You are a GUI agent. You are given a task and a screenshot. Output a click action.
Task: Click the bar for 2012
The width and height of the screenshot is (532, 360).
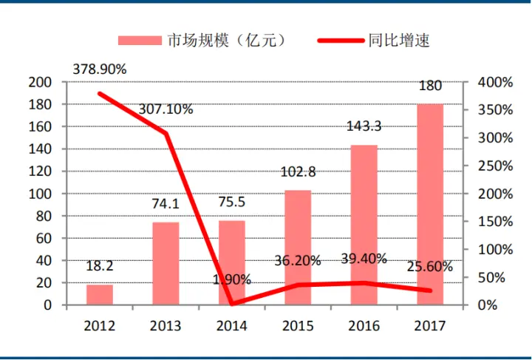tap(100, 295)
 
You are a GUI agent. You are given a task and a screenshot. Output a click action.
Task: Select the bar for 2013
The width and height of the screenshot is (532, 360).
tap(166, 263)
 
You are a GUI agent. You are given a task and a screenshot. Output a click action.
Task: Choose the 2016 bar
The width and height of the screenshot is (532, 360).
tap(364, 225)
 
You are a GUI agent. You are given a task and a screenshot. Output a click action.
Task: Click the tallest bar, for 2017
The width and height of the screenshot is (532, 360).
tap(430, 204)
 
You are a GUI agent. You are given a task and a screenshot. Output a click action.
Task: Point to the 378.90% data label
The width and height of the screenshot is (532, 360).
tap(99, 69)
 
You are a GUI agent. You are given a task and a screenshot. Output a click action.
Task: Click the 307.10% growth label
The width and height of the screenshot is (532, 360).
tap(166, 109)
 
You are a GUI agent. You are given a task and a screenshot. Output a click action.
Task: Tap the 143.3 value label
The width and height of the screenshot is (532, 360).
tap(364, 126)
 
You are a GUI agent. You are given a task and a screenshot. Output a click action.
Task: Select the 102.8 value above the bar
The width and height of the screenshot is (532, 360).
tap(298, 172)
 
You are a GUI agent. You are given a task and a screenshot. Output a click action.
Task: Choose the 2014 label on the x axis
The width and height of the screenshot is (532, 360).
tap(231, 325)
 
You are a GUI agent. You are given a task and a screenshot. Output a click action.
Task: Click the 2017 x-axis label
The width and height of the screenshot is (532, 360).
tap(430, 325)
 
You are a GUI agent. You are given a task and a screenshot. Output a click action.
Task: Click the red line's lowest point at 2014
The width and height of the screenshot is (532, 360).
tap(231, 303)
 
